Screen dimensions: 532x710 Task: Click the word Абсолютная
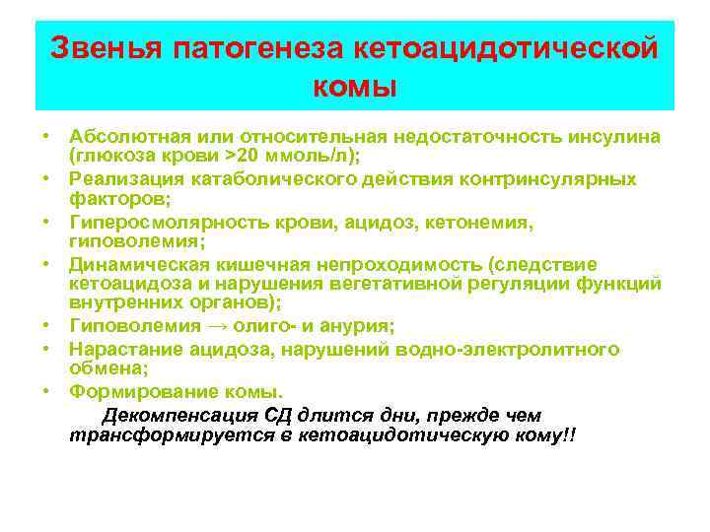(128, 135)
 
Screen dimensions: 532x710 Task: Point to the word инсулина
(614, 135)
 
